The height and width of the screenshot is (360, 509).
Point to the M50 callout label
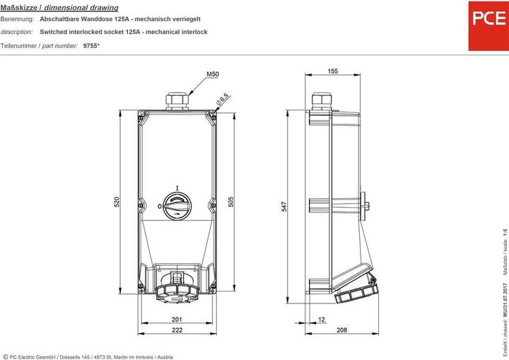point(212,74)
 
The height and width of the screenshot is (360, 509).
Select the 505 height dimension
point(231,202)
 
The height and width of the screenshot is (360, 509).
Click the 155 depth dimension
point(334,71)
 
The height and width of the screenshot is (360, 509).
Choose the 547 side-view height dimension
point(283,207)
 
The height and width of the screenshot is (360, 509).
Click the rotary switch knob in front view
point(177,206)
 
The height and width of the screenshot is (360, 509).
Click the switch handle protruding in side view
point(365,206)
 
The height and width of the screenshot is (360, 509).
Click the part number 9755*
point(92,45)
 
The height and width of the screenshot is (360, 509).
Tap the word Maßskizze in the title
point(16,6)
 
